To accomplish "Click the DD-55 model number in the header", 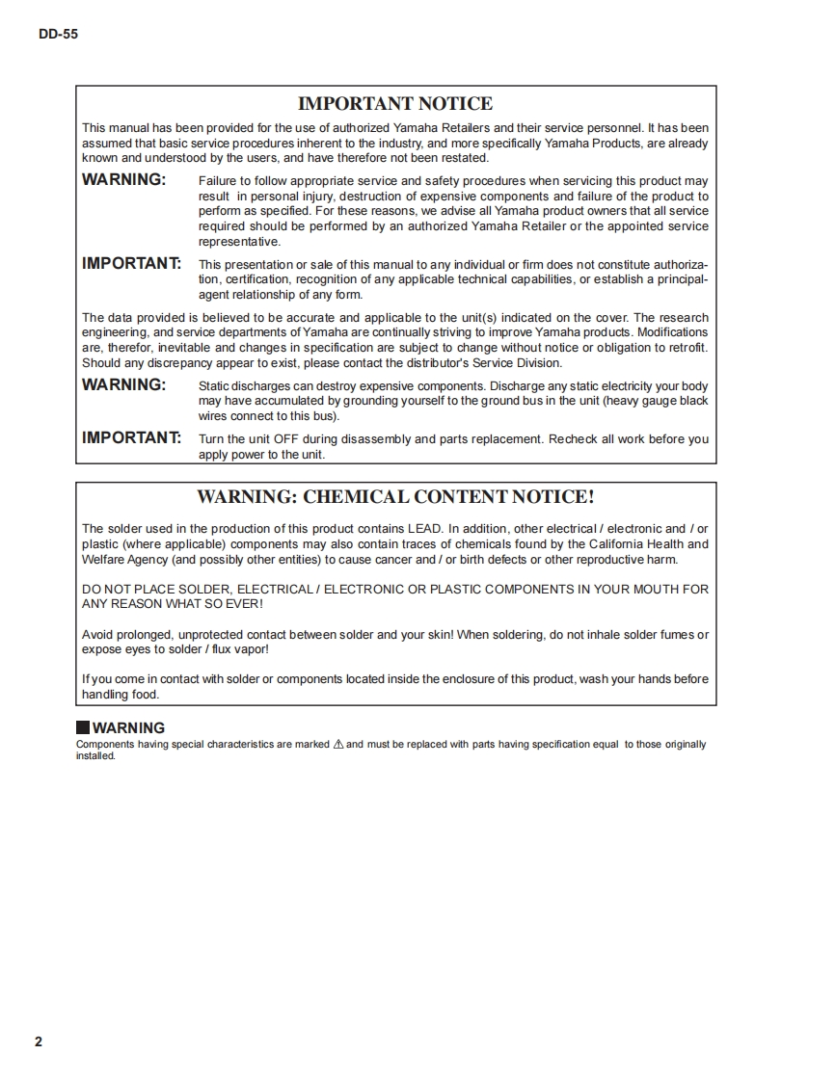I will point(59,34).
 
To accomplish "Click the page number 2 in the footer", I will point(39,1041).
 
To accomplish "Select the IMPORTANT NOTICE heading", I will point(395,104).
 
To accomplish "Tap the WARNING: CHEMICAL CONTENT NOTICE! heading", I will point(395,497).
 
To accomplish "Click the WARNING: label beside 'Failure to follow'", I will point(123,180).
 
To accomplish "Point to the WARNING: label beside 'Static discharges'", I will point(123,385).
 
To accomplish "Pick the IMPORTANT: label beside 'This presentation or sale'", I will point(131,263).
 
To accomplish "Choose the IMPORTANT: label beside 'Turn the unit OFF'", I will point(131,438).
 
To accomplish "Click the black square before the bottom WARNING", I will point(83,728).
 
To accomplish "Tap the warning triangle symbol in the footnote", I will point(337,745).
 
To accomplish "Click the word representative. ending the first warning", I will point(239,242).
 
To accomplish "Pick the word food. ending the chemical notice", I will point(144,695).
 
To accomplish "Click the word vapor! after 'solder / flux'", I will point(263,649).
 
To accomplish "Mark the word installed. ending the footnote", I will point(95,756).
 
